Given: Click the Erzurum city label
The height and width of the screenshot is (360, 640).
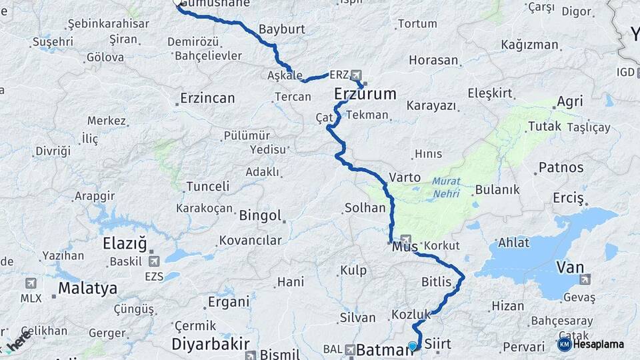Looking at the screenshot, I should (365, 93).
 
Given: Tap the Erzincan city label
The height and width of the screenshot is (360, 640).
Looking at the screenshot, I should (208, 99).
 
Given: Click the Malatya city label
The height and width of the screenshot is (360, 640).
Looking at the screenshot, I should (87, 289).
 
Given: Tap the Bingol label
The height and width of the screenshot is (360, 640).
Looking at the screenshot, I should (260, 216).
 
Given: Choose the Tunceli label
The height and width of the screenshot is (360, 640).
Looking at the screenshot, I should (207, 186).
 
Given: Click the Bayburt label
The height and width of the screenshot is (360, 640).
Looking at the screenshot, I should (281, 29).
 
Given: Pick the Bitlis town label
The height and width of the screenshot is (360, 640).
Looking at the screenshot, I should (437, 282).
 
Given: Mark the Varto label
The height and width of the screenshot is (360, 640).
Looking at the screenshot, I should (405, 177).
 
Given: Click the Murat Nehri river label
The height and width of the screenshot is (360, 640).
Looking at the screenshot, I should (445, 187).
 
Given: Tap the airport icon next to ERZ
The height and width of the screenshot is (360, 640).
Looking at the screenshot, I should (356, 75).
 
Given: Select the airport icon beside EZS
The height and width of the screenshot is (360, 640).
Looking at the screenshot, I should (155, 261).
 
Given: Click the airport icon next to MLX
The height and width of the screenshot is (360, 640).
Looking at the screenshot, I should (31, 283).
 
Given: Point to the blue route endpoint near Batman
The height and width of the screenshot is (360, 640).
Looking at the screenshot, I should (413, 346).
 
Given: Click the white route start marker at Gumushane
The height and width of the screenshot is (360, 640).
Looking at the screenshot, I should (178, 3).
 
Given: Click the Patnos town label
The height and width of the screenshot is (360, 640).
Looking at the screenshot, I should (561, 167).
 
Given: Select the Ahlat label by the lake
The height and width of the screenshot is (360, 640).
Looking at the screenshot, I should (514, 243).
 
